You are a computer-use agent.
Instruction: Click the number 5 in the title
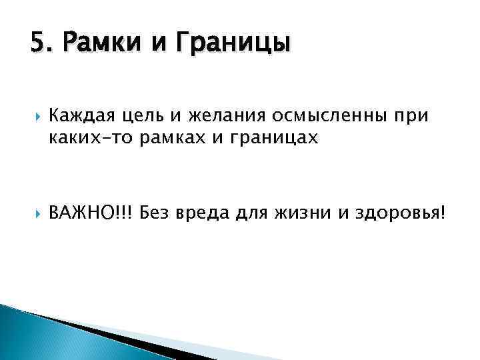pyautogui.click(x=37, y=44)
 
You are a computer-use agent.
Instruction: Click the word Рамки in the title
pyautogui.click(x=95, y=44)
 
